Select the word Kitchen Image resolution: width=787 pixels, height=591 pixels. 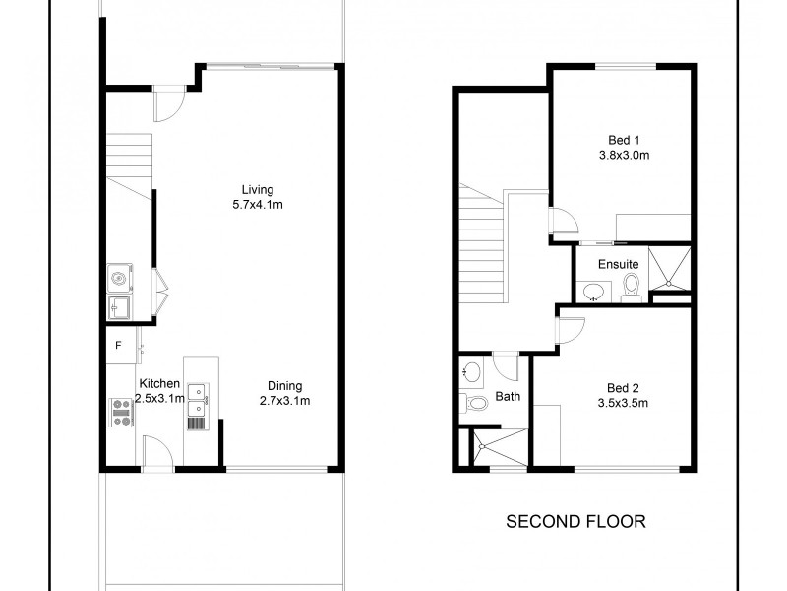pyautogui.click(x=158, y=383)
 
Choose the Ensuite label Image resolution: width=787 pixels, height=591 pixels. pyautogui.click(x=621, y=265)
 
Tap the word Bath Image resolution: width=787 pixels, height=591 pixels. pyautogui.click(x=509, y=398)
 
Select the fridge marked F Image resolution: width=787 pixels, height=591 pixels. pyautogui.click(x=119, y=345)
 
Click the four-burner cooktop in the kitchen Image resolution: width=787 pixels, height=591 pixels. pyautogui.click(x=121, y=412)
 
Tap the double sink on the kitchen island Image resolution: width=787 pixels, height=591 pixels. pyautogui.click(x=197, y=397)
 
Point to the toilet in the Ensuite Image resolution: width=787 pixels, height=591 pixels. pyautogui.click(x=632, y=286)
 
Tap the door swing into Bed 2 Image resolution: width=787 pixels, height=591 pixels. pyautogui.click(x=566, y=330)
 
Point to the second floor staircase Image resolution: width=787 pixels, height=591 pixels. pyautogui.click(x=483, y=246)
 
